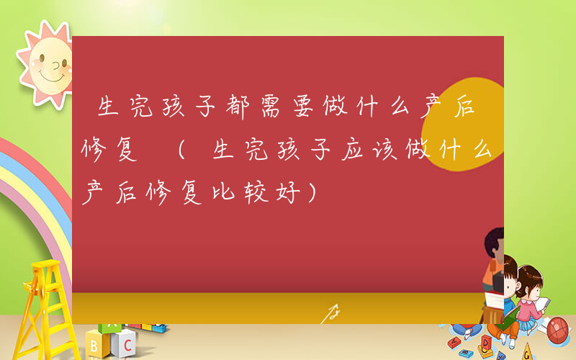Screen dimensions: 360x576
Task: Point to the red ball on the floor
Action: pos(558,330)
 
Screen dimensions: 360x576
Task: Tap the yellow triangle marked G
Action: pos(528,349)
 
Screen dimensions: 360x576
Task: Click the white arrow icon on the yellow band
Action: pos(330,313)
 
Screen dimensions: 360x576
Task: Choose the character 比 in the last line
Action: pos(216,192)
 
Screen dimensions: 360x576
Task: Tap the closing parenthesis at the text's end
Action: pos(311,192)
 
